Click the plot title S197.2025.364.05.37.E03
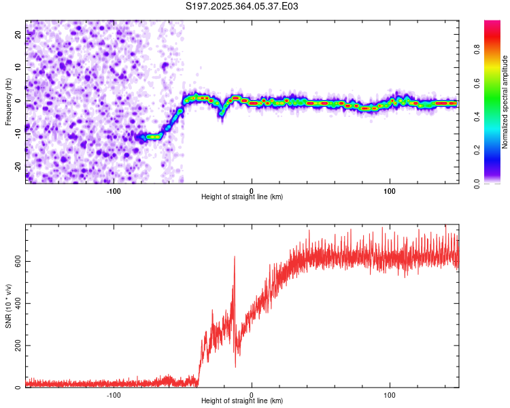[x=243, y=7]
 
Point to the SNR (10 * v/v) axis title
[x=8, y=307]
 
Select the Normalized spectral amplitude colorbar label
[x=505, y=102]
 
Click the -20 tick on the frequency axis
[x=18, y=167]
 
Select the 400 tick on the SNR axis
[x=17, y=304]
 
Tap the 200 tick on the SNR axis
[x=17, y=346]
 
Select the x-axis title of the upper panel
[x=242, y=197]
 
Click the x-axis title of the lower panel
[x=242, y=401]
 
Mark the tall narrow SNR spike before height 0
[x=235, y=258]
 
